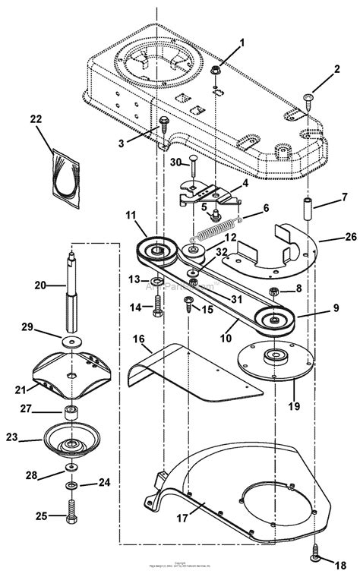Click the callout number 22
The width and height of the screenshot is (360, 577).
36,120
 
